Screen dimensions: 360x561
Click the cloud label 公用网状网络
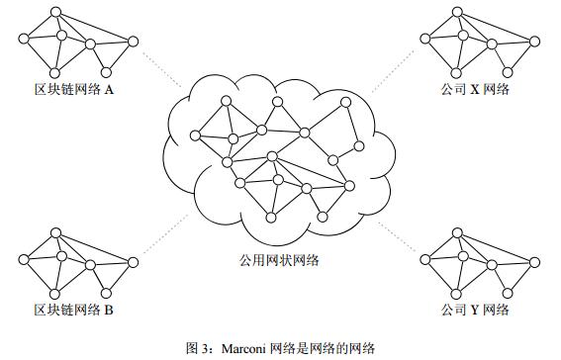(x=278, y=261)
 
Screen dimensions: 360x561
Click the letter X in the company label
(x=474, y=89)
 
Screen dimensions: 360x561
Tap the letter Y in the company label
(x=474, y=311)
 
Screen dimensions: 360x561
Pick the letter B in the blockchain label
(x=109, y=311)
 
